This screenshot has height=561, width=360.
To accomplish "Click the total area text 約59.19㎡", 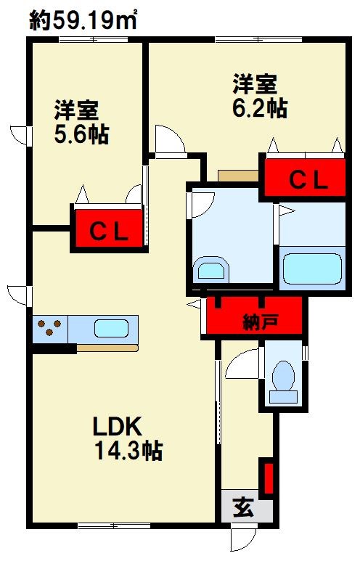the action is [x=83, y=20].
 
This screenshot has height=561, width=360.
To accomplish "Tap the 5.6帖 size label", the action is [x=81, y=134].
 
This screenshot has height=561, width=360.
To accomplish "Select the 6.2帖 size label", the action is [x=260, y=107].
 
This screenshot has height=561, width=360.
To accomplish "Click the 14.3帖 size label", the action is [x=128, y=450].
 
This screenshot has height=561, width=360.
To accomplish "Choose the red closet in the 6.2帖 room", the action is [x=306, y=178].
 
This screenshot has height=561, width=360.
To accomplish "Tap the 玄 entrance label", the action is [x=244, y=507].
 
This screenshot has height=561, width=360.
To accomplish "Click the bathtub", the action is [x=312, y=269].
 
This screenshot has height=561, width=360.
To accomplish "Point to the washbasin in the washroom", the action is [x=211, y=269].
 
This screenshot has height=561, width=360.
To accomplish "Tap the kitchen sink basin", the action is [x=111, y=329].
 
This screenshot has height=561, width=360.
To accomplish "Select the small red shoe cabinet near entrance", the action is [x=269, y=478].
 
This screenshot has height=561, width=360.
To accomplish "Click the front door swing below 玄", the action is [x=243, y=539].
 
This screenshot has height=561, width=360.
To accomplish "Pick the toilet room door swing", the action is [x=244, y=364].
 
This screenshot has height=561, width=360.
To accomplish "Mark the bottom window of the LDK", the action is [x=114, y=525].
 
